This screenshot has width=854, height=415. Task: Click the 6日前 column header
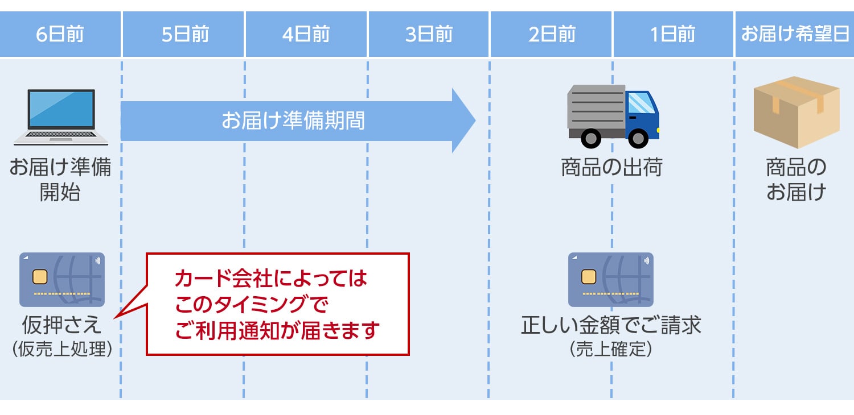(x=60, y=35)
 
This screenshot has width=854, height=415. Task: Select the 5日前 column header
(x=184, y=35)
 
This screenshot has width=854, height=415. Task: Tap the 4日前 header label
(x=306, y=35)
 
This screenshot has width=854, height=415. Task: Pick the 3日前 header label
(x=429, y=35)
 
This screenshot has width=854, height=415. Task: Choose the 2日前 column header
(x=551, y=35)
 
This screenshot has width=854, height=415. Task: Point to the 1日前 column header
(x=673, y=35)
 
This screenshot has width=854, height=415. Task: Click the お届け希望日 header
(x=794, y=35)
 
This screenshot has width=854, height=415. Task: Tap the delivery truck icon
(x=613, y=116)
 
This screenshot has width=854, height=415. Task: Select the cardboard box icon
(x=796, y=112)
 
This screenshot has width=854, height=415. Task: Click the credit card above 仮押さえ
(x=62, y=279)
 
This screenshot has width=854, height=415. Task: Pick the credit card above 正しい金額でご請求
(x=610, y=279)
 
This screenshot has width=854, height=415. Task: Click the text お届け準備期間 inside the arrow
(x=293, y=121)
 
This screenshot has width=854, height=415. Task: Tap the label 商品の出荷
(x=611, y=168)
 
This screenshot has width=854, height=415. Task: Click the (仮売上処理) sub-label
(x=61, y=349)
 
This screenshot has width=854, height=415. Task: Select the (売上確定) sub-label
(x=610, y=349)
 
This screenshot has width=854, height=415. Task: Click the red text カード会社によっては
(x=272, y=279)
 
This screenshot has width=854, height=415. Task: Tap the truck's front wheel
(x=638, y=138)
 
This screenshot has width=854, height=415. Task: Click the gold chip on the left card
(x=40, y=277)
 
